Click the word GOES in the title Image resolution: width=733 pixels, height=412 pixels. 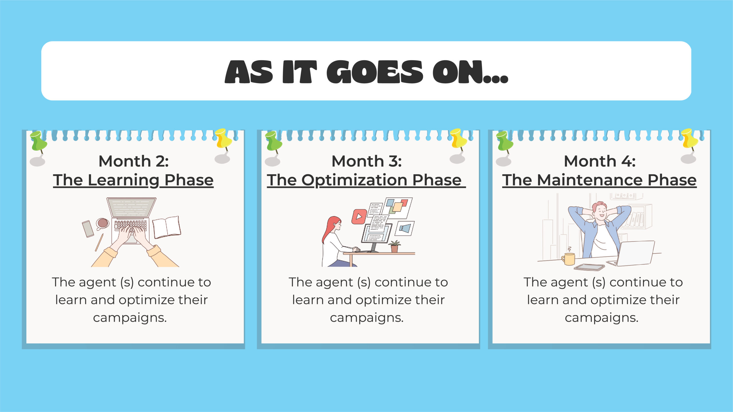click(375, 72)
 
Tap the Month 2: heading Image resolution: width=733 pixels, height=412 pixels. click(133, 161)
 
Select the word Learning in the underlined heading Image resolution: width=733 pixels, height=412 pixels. click(123, 181)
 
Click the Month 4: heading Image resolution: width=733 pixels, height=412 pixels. click(600, 161)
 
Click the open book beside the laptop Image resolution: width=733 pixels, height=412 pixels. click(166, 227)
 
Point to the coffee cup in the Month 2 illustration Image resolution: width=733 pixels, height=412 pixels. click(102, 224)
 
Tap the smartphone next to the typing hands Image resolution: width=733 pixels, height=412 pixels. click(88, 229)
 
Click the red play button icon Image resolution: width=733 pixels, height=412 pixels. click(359, 217)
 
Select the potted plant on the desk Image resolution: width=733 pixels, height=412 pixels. click(394, 246)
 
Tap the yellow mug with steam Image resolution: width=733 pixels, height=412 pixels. click(568, 258)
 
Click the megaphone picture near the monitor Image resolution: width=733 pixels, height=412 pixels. click(405, 228)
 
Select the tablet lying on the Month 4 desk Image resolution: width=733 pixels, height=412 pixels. click(589, 267)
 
